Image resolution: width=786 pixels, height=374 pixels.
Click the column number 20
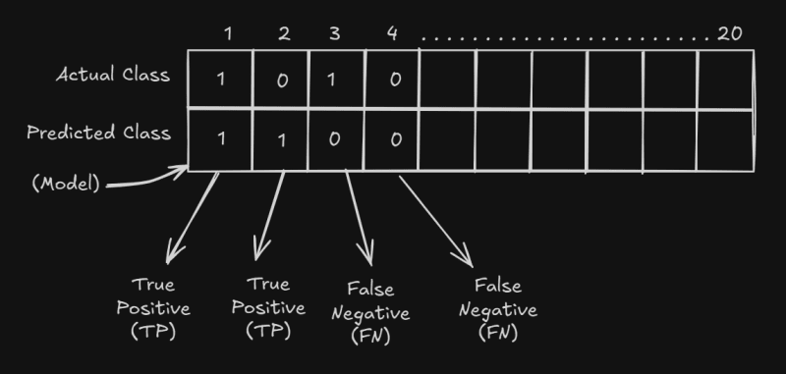pyautogui.click(x=729, y=33)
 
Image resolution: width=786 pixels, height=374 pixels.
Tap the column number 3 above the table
pyautogui.click(x=334, y=33)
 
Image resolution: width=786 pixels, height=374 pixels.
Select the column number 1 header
pyautogui.click(x=228, y=33)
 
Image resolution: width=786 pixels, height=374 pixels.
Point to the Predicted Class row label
pyautogui.click(x=98, y=133)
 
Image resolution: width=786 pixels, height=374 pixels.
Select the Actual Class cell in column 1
pyautogui.click(x=220, y=79)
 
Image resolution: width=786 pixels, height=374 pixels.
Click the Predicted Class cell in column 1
pyautogui.click(x=220, y=138)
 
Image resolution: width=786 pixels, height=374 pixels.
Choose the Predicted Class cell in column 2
pyautogui.click(x=282, y=138)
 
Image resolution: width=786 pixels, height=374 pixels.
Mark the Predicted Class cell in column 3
pyautogui.click(x=334, y=138)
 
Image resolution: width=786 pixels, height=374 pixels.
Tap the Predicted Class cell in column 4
pyautogui.click(x=394, y=138)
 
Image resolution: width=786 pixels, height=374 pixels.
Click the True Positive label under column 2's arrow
pyautogui.click(x=267, y=307)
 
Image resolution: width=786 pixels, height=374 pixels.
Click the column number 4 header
pyautogui.click(x=391, y=33)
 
